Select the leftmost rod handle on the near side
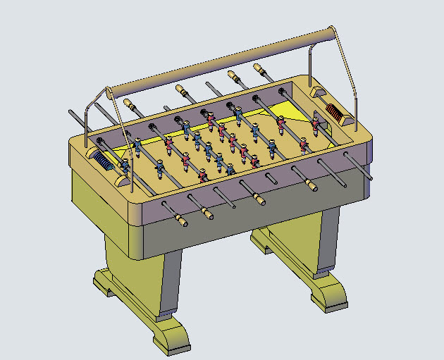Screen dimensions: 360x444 [181, 221]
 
